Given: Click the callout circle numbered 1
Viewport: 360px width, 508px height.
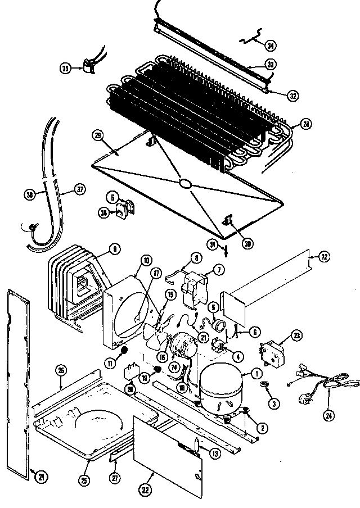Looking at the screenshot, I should coord(256,373).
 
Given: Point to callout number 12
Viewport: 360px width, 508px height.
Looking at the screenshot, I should coord(325,257).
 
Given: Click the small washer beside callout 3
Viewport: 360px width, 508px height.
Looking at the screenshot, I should coord(262,384).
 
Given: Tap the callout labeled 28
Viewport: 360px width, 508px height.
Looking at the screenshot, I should coord(306,124).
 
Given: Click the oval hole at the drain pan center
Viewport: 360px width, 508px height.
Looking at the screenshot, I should coord(184,183).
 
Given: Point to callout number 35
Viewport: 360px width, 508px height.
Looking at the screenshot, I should coord(65,68).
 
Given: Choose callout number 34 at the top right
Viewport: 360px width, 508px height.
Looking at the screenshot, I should coord(271,45).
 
